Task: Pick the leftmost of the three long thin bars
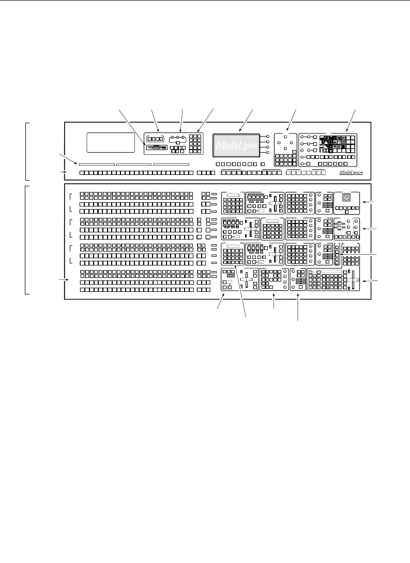point(97,164)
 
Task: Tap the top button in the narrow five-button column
point(338,246)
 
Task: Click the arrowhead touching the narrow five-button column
point(341,255)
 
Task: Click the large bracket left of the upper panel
point(27,150)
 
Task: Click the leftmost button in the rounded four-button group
point(149,139)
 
